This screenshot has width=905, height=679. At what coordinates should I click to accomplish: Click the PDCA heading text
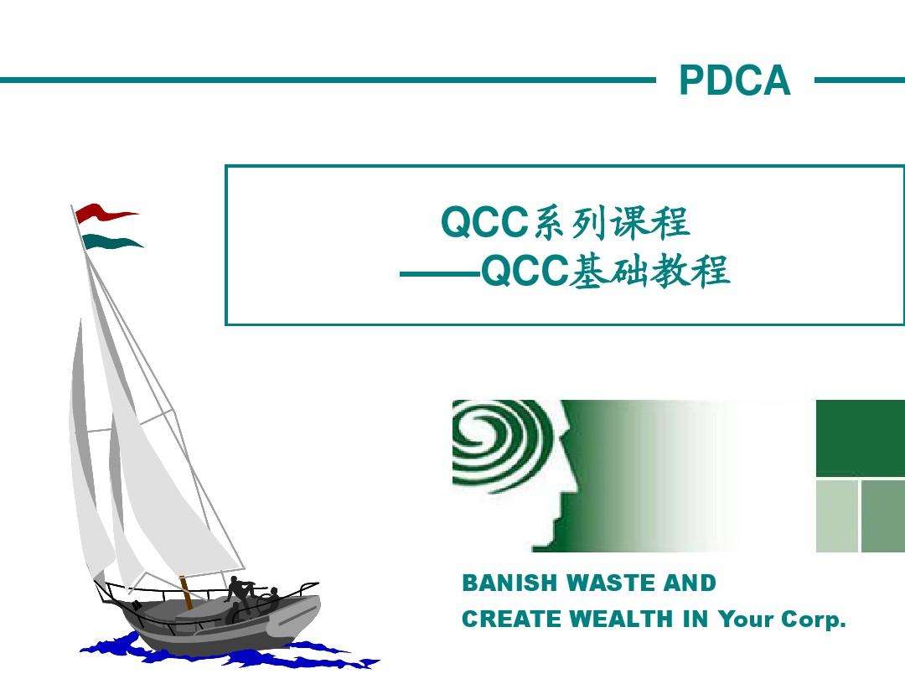coord(734,81)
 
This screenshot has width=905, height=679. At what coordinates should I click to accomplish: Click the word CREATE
coord(512,620)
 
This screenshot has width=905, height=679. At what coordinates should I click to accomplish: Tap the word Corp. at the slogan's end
coord(814,620)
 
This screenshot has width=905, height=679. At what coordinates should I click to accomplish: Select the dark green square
coord(860,438)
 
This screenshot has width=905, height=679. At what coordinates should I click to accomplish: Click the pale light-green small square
coord(836,516)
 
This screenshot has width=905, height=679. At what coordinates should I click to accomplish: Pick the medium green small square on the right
coord(882,516)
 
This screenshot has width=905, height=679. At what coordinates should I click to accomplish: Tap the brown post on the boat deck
coord(185,592)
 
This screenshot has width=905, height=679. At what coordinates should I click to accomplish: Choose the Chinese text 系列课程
coord(611,223)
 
